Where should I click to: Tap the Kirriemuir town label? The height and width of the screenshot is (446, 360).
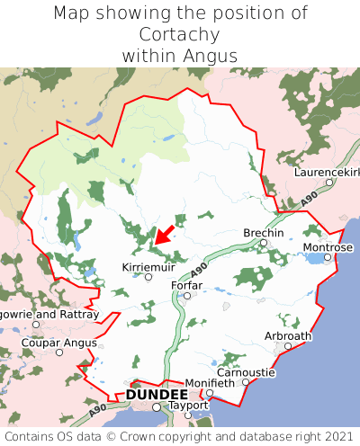coord(148,266)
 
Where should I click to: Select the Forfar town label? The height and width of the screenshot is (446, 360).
coord(186,285)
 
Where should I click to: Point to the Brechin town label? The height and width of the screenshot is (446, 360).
coord(264,233)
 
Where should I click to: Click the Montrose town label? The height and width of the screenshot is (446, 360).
coord(328,246)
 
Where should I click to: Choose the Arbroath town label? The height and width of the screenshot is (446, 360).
coord(288,335)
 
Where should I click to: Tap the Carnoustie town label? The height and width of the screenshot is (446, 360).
coord(246,371)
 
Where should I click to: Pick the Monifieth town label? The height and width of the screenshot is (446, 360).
coord(209,382)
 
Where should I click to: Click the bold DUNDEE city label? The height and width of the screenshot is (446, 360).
coord(157,395)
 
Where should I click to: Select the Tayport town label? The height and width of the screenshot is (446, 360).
coord(187,406)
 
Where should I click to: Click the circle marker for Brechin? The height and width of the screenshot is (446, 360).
coord(264,243)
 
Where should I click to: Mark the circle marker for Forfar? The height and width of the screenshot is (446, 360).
coord(186,295)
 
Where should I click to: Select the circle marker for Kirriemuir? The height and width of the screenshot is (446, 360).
coord(148,277)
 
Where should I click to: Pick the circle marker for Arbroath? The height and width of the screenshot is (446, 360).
coord(288,346)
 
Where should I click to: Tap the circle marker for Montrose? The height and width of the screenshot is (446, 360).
coord(328,257)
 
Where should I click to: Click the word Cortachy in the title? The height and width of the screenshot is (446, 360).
coord(180,34)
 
